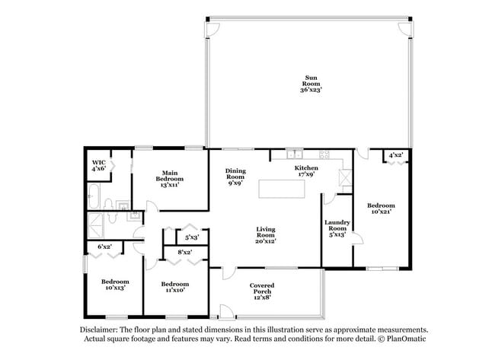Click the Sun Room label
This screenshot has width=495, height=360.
point(311,84)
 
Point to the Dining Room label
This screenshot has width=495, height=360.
point(235,177)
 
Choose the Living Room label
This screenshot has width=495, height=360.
point(265,234)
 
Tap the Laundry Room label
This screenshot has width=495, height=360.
point(337,228)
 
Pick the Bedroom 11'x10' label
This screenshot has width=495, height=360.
point(175,288)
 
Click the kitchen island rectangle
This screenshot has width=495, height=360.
point(289,188)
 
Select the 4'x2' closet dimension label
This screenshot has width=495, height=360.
point(396,155)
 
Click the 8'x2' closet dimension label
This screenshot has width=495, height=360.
point(184,252)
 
